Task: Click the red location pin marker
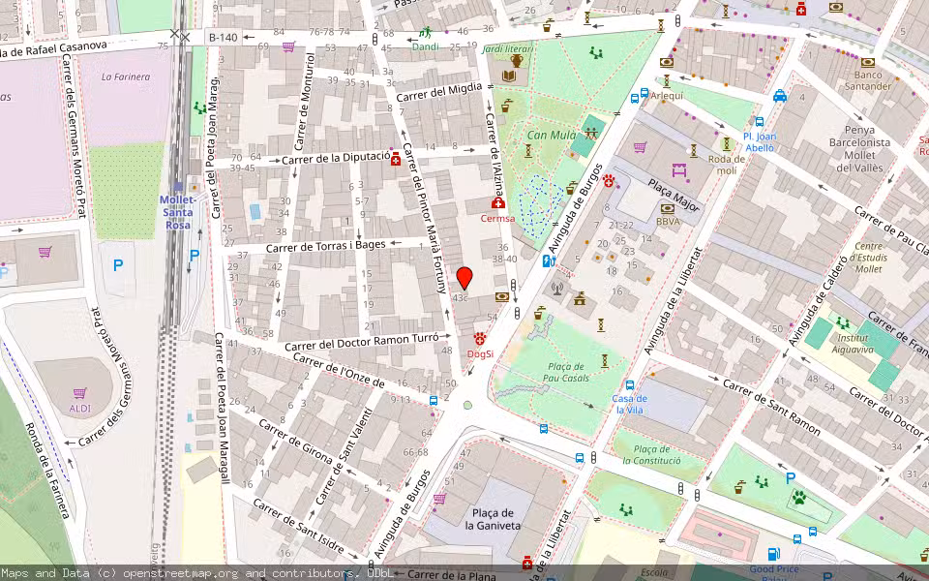point(464,278)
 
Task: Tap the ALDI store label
point(80,408)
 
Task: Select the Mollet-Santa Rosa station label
point(177,212)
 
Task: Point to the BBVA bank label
point(668,222)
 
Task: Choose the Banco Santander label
point(868,81)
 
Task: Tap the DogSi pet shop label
point(480,353)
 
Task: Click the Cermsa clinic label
point(497,218)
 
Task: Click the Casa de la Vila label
point(630,404)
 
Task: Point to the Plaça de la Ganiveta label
point(493,519)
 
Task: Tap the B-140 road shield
point(223,37)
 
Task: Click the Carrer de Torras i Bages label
point(325,246)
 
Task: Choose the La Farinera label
point(126,76)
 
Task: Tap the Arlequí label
point(667,96)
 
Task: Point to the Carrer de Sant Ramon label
point(771,407)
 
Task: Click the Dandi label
point(425,46)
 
